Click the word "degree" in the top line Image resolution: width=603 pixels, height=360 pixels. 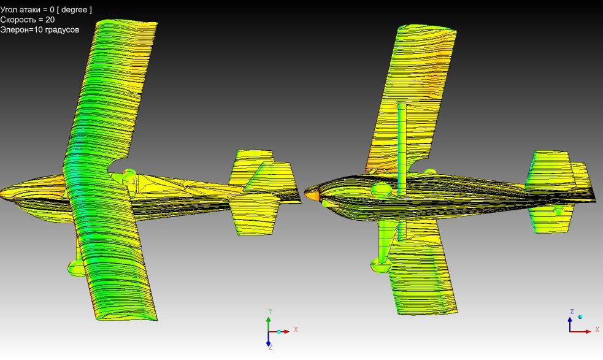point(74,10)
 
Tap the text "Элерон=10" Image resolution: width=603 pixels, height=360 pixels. point(21,29)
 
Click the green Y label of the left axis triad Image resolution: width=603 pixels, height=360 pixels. point(271,312)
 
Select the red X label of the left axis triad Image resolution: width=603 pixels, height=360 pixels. point(296,329)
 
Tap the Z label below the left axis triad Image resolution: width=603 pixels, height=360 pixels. point(271,347)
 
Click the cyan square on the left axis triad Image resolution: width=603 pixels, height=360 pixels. point(279,332)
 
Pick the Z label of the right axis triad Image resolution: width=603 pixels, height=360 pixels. point(572,312)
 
